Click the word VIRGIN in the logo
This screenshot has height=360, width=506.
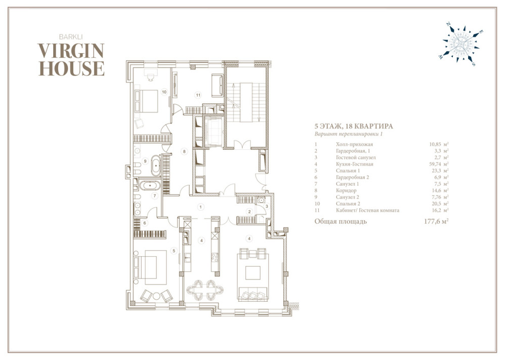pos(71,51)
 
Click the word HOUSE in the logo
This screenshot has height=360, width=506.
pos(72,68)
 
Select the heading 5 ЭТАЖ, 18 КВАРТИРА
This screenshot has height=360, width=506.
pos(354,126)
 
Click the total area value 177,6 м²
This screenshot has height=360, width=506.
pos(436,221)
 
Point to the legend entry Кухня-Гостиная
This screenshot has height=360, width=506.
pos(354,164)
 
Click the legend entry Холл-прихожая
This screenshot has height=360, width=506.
pos(354,144)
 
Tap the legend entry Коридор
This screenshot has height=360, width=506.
pos(346,190)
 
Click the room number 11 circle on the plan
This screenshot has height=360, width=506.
pos(198,95)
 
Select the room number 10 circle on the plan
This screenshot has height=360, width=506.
pos(164,92)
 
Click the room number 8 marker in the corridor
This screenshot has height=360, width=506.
pos(184,151)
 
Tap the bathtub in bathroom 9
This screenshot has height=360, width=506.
pos(156,166)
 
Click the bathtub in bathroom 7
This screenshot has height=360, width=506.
pos(150,186)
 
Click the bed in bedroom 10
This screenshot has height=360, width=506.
pos(146,101)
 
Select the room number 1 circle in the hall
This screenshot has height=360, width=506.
pos(201,207)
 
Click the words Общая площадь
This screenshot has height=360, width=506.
pos(341,221)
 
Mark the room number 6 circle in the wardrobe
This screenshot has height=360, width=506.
pos(145,223)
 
